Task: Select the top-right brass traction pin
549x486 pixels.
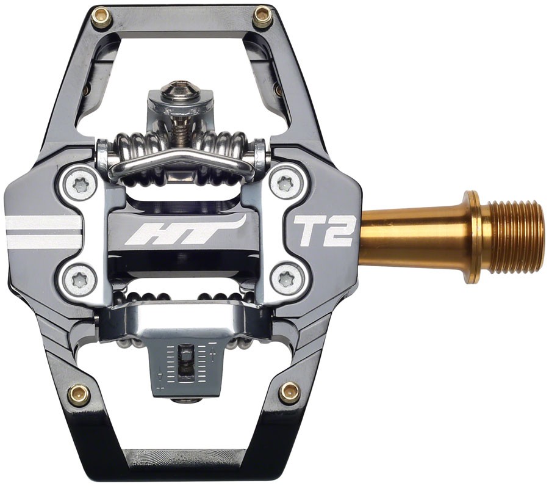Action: point(262,17)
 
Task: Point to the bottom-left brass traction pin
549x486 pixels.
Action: point(79,395)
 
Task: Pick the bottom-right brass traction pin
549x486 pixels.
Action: point(289,393)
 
